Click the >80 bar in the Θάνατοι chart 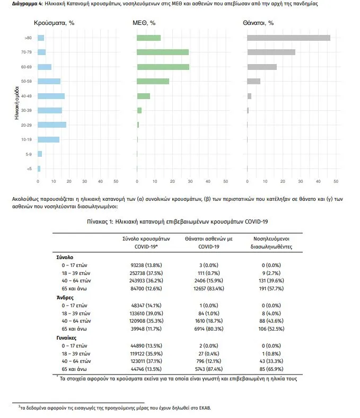289,38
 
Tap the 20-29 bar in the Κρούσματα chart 52,124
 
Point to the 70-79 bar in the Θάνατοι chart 271,52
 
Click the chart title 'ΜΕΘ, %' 144,23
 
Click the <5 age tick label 28,168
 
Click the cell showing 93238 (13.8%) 141,264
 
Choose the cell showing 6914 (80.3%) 202,328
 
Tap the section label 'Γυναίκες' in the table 67,336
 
